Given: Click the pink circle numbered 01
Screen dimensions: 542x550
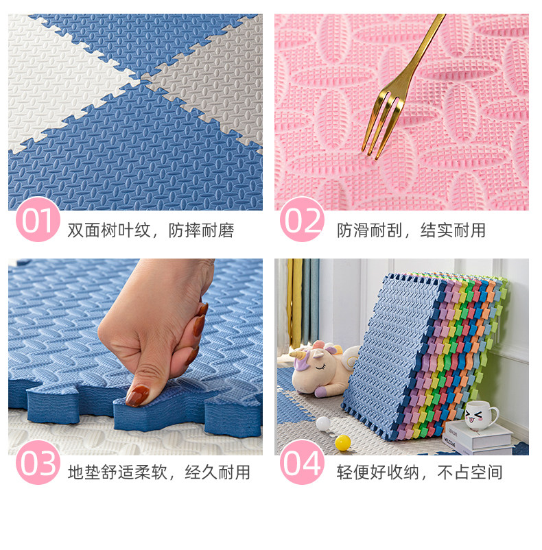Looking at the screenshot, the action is coord(38,219).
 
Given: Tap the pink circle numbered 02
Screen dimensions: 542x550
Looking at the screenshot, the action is coord(302,219).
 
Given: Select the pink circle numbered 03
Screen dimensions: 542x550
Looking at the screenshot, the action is coord(38,462).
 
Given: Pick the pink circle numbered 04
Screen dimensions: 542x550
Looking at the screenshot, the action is coord(302,462).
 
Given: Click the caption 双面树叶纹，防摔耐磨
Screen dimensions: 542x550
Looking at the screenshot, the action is coord(150,230).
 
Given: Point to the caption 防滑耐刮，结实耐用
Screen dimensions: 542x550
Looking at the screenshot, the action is coord(411,230).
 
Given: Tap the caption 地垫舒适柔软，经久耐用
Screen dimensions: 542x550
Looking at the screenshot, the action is coord(159,472).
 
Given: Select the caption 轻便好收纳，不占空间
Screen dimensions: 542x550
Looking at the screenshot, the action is coord(420,472).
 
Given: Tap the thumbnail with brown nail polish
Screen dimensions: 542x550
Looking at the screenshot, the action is coord(137,395).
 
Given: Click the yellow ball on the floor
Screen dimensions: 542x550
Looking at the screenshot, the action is coord(343,442).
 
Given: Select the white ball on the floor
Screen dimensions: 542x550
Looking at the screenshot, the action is coord(323,424).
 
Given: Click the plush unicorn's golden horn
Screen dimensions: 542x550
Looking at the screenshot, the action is coord(298,352).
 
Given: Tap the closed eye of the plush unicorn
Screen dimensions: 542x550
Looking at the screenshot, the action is coord(320,368).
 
